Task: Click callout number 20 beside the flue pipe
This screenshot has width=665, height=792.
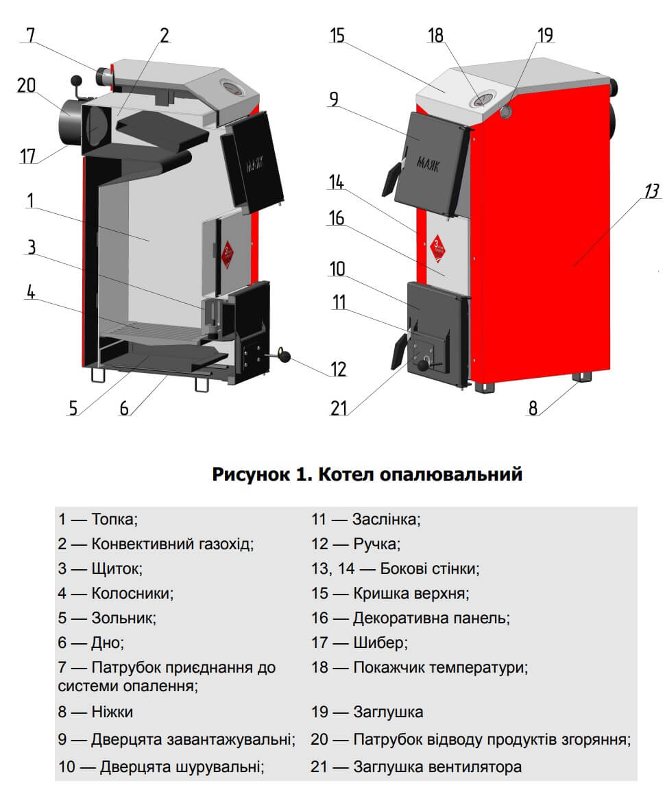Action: [x=26, y=85]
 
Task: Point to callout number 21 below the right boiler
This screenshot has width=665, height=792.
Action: [x=339, y=409]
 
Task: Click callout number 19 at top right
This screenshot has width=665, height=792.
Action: [x=545, y=35]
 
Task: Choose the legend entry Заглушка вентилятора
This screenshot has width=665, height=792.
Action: [x=437, y=767]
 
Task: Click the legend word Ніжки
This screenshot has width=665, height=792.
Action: [x=112, y=712]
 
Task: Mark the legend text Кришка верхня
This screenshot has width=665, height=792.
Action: [x=411, y=593]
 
